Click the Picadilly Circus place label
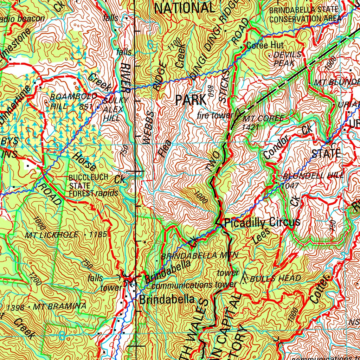262,222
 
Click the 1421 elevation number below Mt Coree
250,127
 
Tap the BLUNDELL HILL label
313,176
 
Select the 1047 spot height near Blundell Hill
290,185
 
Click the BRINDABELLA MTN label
199,256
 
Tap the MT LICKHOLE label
51,235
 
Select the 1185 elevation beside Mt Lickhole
98,234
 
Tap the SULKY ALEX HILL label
113,109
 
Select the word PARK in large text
191,100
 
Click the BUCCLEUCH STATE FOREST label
88,185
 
